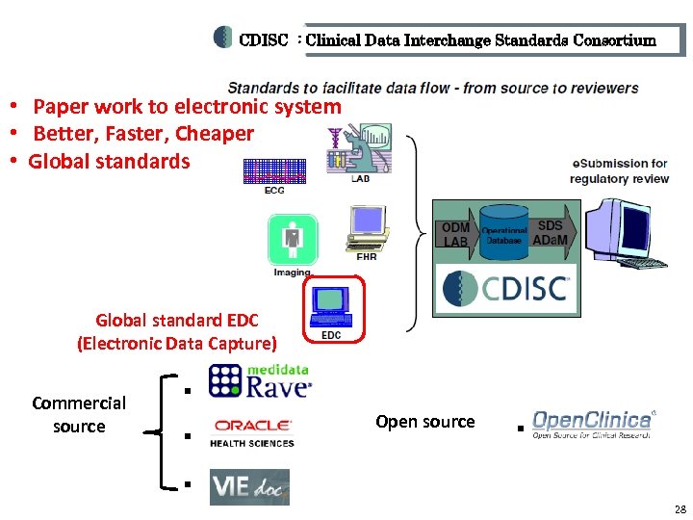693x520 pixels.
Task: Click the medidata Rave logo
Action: [x=260, y=380]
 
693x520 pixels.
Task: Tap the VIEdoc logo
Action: [x=249, y=487]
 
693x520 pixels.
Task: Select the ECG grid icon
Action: [x=274, y=170]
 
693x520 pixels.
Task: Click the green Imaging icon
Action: [x=293, y=240]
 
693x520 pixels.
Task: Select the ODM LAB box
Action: [x=455, y=234]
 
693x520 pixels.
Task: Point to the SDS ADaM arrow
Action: [x=552, y=232]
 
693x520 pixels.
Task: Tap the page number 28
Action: [x=680, y=508]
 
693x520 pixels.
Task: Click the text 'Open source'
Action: [x=424, y=422]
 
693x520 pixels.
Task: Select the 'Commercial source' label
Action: [x=79, y=414]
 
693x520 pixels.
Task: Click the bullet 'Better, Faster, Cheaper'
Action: [x=143, y=134]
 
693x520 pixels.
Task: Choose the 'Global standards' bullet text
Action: [x=110, y=161]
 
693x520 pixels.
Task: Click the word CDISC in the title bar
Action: [x=263, y=40]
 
